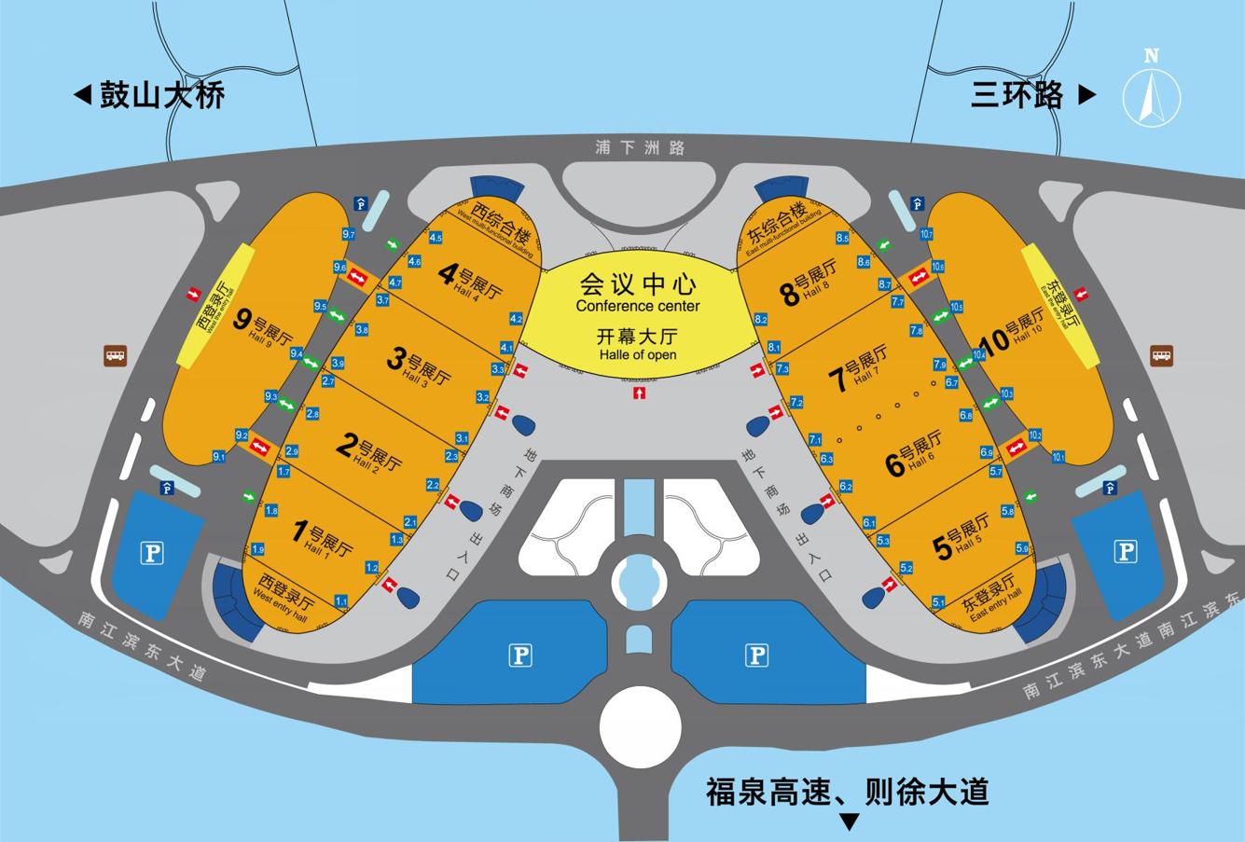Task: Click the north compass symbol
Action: tap(1152, 90)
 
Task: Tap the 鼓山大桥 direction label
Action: tap(150, 95)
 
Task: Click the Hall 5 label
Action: tap(961, 542)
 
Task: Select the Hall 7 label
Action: tap(859, 368)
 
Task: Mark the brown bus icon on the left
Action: tap(115, 354)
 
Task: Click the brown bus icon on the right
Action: tap(1161, 354)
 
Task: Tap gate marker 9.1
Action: tap(219, 457)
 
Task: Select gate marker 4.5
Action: tap(436, 238)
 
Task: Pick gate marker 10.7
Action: tap(926, 233)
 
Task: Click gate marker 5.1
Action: tap(938, 602)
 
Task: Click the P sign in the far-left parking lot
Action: tap(151, 554)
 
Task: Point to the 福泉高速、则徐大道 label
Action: tap(847, 793)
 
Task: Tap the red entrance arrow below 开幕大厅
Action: tap(639, 393)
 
